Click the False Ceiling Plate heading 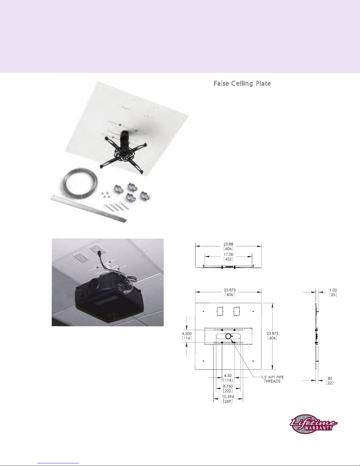[242, 83]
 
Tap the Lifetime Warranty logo [313, 424]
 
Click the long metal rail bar [88, 208]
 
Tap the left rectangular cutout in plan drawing [220, 311]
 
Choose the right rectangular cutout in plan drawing [237, 311]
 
